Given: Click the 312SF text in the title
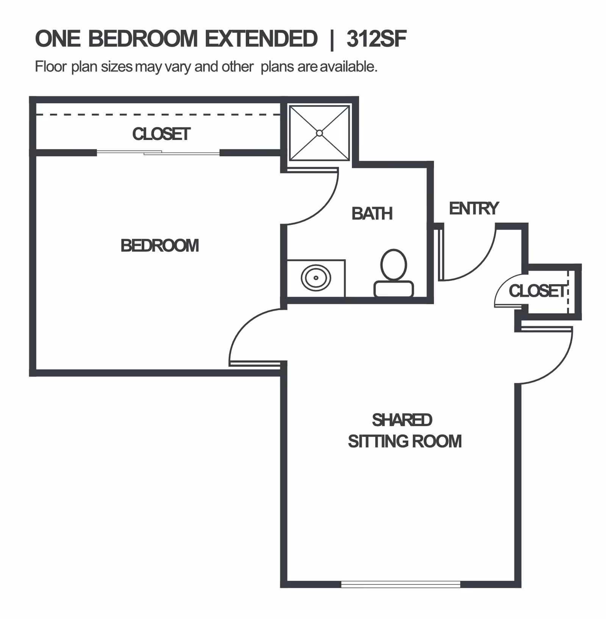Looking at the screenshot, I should (x=376, y=39).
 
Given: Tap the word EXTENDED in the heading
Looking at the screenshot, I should (x=261, y=39).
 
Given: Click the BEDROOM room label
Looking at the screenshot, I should (x=159, y=246).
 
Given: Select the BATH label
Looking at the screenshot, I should (x=372, y=214).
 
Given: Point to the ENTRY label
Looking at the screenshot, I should (x=474, y=208).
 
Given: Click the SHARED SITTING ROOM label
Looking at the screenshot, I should (x=405, y=431).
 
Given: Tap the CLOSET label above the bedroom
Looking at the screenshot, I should (x=161, y=134).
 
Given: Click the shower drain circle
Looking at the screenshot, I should (x=319, y=133).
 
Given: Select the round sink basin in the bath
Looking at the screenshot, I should (x=316, y=278).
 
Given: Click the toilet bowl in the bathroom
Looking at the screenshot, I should (x=394, y=264).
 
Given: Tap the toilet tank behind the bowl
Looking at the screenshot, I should (x=394, y=289).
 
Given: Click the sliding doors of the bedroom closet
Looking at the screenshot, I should (x=158, y=153).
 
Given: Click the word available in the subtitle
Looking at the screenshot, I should (x=348, y=67).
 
